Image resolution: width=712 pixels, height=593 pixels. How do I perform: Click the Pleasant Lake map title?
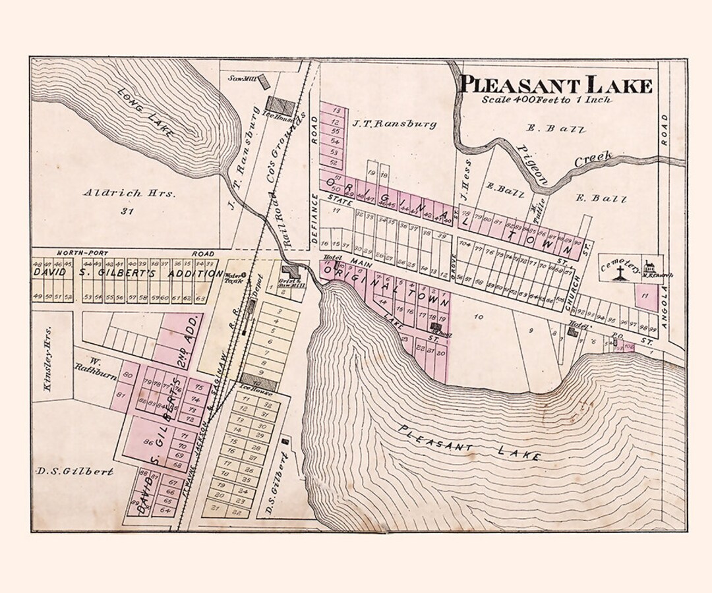[x=555, y=85]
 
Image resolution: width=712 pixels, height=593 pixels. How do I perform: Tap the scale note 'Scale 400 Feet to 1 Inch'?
[x=546, y=100]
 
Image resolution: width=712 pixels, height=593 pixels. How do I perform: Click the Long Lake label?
[x=146, y=113]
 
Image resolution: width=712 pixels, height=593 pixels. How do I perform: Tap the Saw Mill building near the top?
[x=264, y=82]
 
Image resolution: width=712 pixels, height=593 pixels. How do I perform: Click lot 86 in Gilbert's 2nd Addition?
[x=148, y=443]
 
